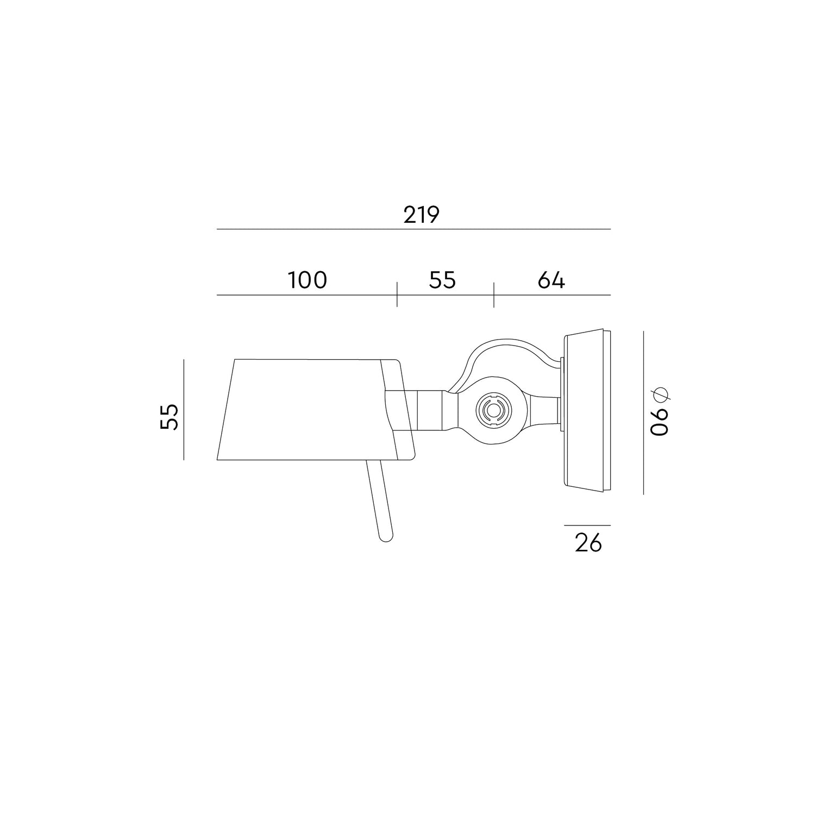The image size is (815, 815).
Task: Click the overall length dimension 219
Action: point(421,215)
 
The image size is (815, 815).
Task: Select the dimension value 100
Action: point(307,280)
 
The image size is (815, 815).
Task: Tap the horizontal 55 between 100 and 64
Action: point(442,280)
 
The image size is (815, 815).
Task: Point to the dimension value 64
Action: point(551,280)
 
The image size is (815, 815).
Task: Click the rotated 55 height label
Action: point(170,417)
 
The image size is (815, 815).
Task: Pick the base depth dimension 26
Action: point(588,543)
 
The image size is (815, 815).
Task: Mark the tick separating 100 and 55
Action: point(397,294)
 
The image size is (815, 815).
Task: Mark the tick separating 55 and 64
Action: point(494,294)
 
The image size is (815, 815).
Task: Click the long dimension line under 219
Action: point(413,229)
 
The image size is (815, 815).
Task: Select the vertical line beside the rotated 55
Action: point(184,410)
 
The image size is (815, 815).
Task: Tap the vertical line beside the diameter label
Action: point(643,413)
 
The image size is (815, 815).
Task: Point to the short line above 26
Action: point(587,525)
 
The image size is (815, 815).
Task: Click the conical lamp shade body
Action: point(304,410)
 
